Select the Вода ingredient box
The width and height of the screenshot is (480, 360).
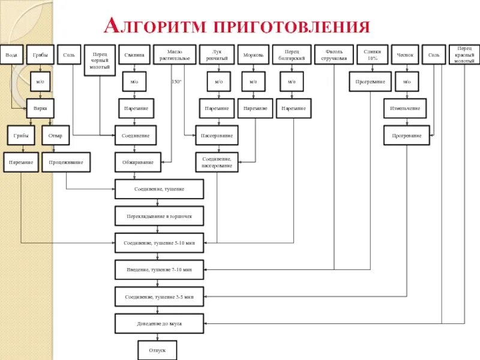[11, 55]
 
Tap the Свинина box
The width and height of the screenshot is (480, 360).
[135, 55]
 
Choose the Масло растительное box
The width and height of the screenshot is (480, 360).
[175, 55]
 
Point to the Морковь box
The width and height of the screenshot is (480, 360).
[253, 55]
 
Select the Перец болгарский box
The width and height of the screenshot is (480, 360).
[292, 55]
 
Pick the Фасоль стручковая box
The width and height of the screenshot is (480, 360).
[334, 55]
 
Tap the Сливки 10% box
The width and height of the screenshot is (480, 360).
[372, 55]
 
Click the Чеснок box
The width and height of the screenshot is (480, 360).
[405, 55]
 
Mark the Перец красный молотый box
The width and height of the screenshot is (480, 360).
[464, 55]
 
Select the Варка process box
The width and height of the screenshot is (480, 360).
[40, 109]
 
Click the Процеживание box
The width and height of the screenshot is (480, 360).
[66, 162]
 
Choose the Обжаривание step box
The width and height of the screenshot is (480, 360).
[135, 162]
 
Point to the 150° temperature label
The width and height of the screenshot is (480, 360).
[176, 81]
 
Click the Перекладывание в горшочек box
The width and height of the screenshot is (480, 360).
[159, 216]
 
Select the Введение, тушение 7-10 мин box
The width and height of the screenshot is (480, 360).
[159, 270]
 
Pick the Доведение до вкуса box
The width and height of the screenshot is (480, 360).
[159, 324]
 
